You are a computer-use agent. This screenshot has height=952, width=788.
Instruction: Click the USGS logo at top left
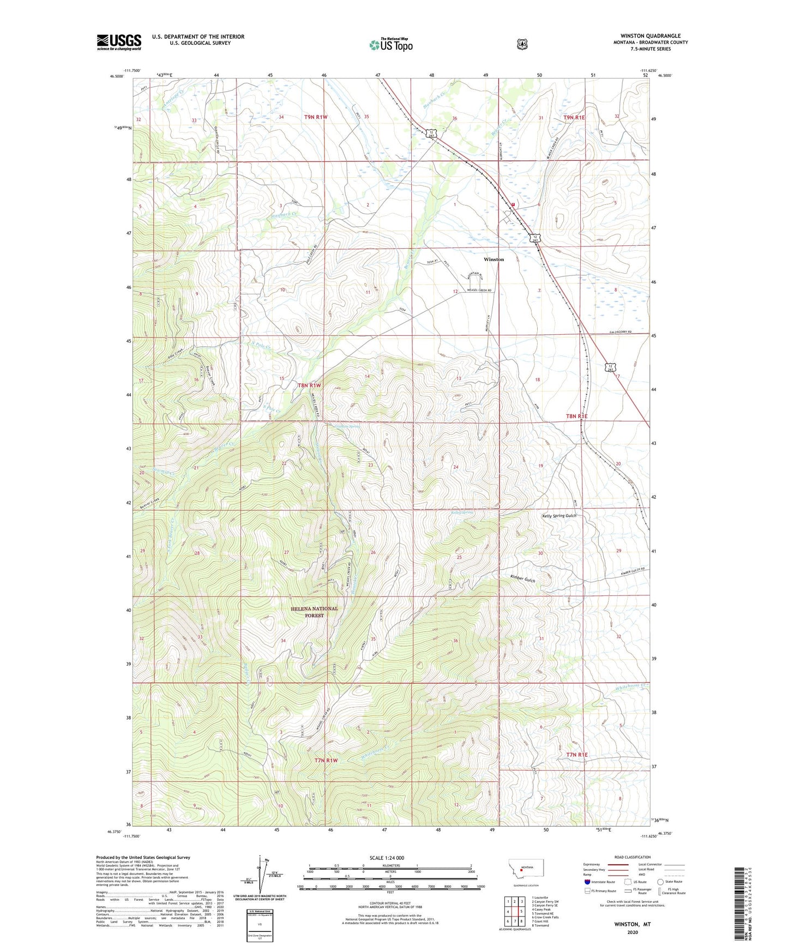pyautogui.click(x=119, y=42)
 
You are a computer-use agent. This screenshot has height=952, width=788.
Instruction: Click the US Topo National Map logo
pyautogui.click(x=390, y=44)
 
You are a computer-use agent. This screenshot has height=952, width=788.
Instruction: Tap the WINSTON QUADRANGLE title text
pyautogui.click(x=650, y=36)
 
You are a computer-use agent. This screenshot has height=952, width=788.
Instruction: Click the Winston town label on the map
pyautogui.click(x=494, y=260)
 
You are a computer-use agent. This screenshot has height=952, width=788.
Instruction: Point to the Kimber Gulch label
pyautogui.click(x=522, y=580)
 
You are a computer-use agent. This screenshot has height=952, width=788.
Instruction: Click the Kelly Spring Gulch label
pyautogui.click(x=559, y=516)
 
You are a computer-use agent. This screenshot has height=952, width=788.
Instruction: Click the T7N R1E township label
pyautogui.click(x=577, y=755)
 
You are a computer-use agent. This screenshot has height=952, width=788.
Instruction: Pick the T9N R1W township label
pyautogui.click(x=316, y=117)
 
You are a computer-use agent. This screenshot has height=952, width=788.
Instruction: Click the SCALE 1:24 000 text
pyautogui.click(x=387, y=858)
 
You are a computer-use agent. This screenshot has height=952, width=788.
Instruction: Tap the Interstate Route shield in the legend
pyautogui.click(x=587, y=882)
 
